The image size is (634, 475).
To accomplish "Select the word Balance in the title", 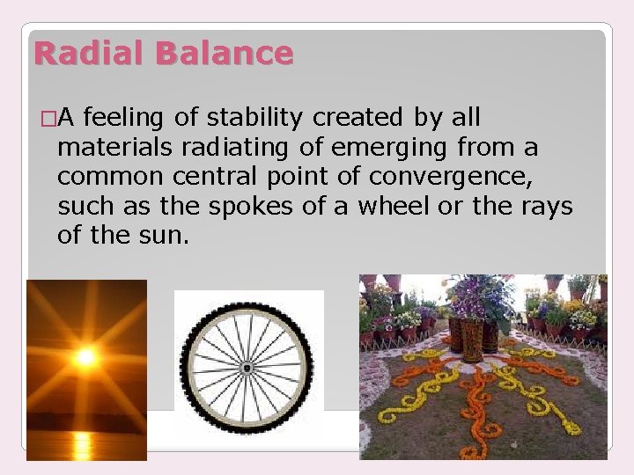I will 224,54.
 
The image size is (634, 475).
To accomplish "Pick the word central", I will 208,177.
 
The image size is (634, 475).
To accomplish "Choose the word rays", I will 545,207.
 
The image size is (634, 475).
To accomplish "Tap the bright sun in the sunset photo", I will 85,356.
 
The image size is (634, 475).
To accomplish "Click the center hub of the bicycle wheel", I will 247,366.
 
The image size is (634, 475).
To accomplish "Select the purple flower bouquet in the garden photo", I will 480,298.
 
